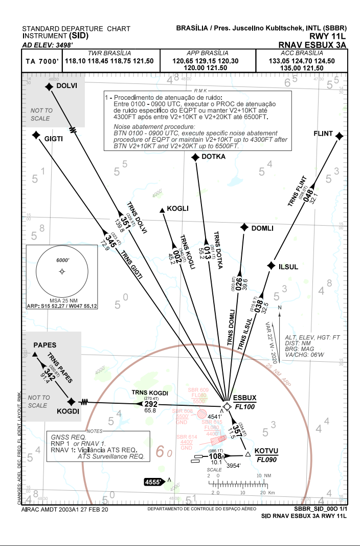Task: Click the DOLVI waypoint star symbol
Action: [x=49, y=87]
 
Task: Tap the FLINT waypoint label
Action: [x=323, y=135]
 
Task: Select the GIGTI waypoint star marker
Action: [x=36, y=135]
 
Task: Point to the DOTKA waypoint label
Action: [x=214, y=157]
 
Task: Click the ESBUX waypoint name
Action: [x=244, y=398]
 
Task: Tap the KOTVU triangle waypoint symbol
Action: [x=248, y=454]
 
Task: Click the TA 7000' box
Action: [x=42, y=61]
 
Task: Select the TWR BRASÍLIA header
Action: [x=109, y=53]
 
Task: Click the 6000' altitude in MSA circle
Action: [x=62, y=260]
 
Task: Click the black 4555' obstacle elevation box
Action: [x=153, y=482]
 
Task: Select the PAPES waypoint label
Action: [x=44, y=345]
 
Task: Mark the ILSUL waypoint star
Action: [x=271, y=266]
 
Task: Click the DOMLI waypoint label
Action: [x=262, y=228]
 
